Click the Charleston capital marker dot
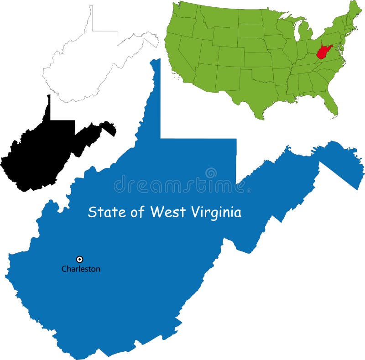point(80,259)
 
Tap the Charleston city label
point(81,269)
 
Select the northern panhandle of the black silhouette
point(48,107)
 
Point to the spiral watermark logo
point(211,173)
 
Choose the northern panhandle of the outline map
point(91,18)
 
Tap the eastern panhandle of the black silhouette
point(108,128)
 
